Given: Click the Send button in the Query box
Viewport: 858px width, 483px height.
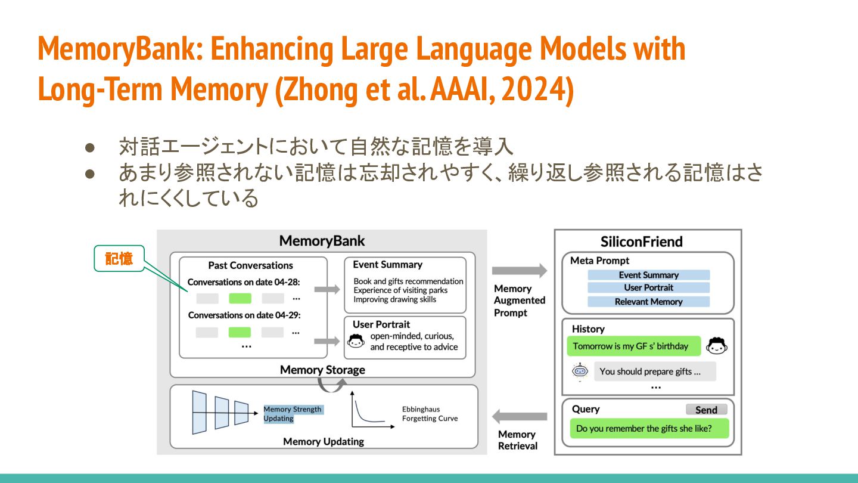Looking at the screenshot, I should coord(706,410).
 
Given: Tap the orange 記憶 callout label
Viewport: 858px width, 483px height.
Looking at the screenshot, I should coord(119,259).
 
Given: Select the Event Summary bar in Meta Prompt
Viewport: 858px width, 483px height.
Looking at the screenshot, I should coord(648,275).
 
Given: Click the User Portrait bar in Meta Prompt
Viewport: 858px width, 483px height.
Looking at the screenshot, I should coord(648,287).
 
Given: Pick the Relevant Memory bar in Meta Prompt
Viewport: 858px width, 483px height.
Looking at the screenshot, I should coord(648,302).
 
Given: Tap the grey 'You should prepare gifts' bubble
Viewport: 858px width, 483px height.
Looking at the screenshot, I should coord(654,371).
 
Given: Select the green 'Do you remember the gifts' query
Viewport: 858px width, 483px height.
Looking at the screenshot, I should coord(649,428).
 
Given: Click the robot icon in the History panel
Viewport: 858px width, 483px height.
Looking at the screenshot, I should coord(580,371).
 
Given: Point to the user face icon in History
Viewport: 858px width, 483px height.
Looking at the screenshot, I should coord(716,346).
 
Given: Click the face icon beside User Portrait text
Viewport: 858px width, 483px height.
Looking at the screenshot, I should coord(356,342).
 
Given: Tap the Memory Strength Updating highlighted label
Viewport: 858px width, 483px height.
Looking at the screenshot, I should coord(293,414).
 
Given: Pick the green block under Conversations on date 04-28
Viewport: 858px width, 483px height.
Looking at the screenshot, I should coord(240,298).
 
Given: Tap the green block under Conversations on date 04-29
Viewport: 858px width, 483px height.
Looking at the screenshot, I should coord(240,332).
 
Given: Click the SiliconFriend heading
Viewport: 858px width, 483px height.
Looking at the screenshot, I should coord(641,241).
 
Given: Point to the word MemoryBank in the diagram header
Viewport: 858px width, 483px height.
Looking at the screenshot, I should coord(322,241).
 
